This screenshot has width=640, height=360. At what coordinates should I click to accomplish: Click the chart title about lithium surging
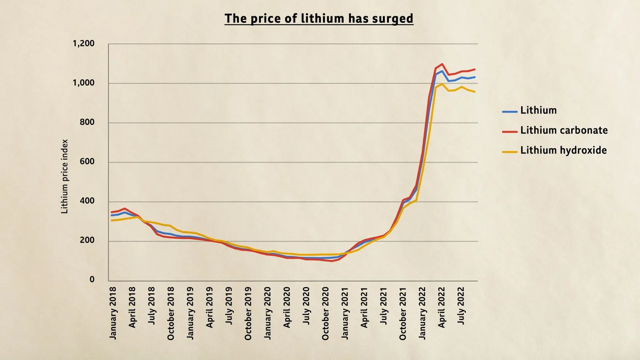pyautogui.click(x=319, y=18)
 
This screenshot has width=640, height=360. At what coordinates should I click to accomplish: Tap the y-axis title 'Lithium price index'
pyautogui.click(x=64, y=176)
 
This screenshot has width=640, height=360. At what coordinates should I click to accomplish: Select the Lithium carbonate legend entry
pyautogui.click(x=564, y=130)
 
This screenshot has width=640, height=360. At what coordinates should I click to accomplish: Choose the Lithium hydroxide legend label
pyautogui.click(x=563, y=150)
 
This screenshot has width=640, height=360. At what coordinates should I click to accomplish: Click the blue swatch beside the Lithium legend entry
pyautogui.click(x=510, y=112)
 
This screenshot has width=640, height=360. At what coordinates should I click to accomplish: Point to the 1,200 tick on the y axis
pyautogui.click(x=84, y=44)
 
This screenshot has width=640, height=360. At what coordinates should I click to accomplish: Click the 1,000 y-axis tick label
pyautogui.click(x=84, y=83)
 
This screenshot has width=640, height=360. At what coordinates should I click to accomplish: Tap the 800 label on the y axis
pyautogui.click(x=87, y=122)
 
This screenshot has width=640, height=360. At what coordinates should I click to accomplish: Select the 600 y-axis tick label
pyautogui.click(x=87, y=162)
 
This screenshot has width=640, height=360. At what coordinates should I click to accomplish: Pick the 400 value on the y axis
pyautogui.click(x=87, y=201)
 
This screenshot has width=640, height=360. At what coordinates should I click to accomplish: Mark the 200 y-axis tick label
pyautogui.click(x=87, y=240)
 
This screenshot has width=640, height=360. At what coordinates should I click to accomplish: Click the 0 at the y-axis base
pyautogui.click(x=92, y=280)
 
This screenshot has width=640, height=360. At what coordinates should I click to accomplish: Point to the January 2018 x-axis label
pyautogui.click(x=113, y=313)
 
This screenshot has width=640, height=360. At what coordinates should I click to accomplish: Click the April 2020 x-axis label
pyautogui.click(x=287, y=307)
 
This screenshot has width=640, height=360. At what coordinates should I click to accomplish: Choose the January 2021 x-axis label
pyautogui.click(x=345, y=313)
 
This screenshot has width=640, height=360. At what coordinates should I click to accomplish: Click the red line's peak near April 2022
pyautogui.click(x=442, y=64)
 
